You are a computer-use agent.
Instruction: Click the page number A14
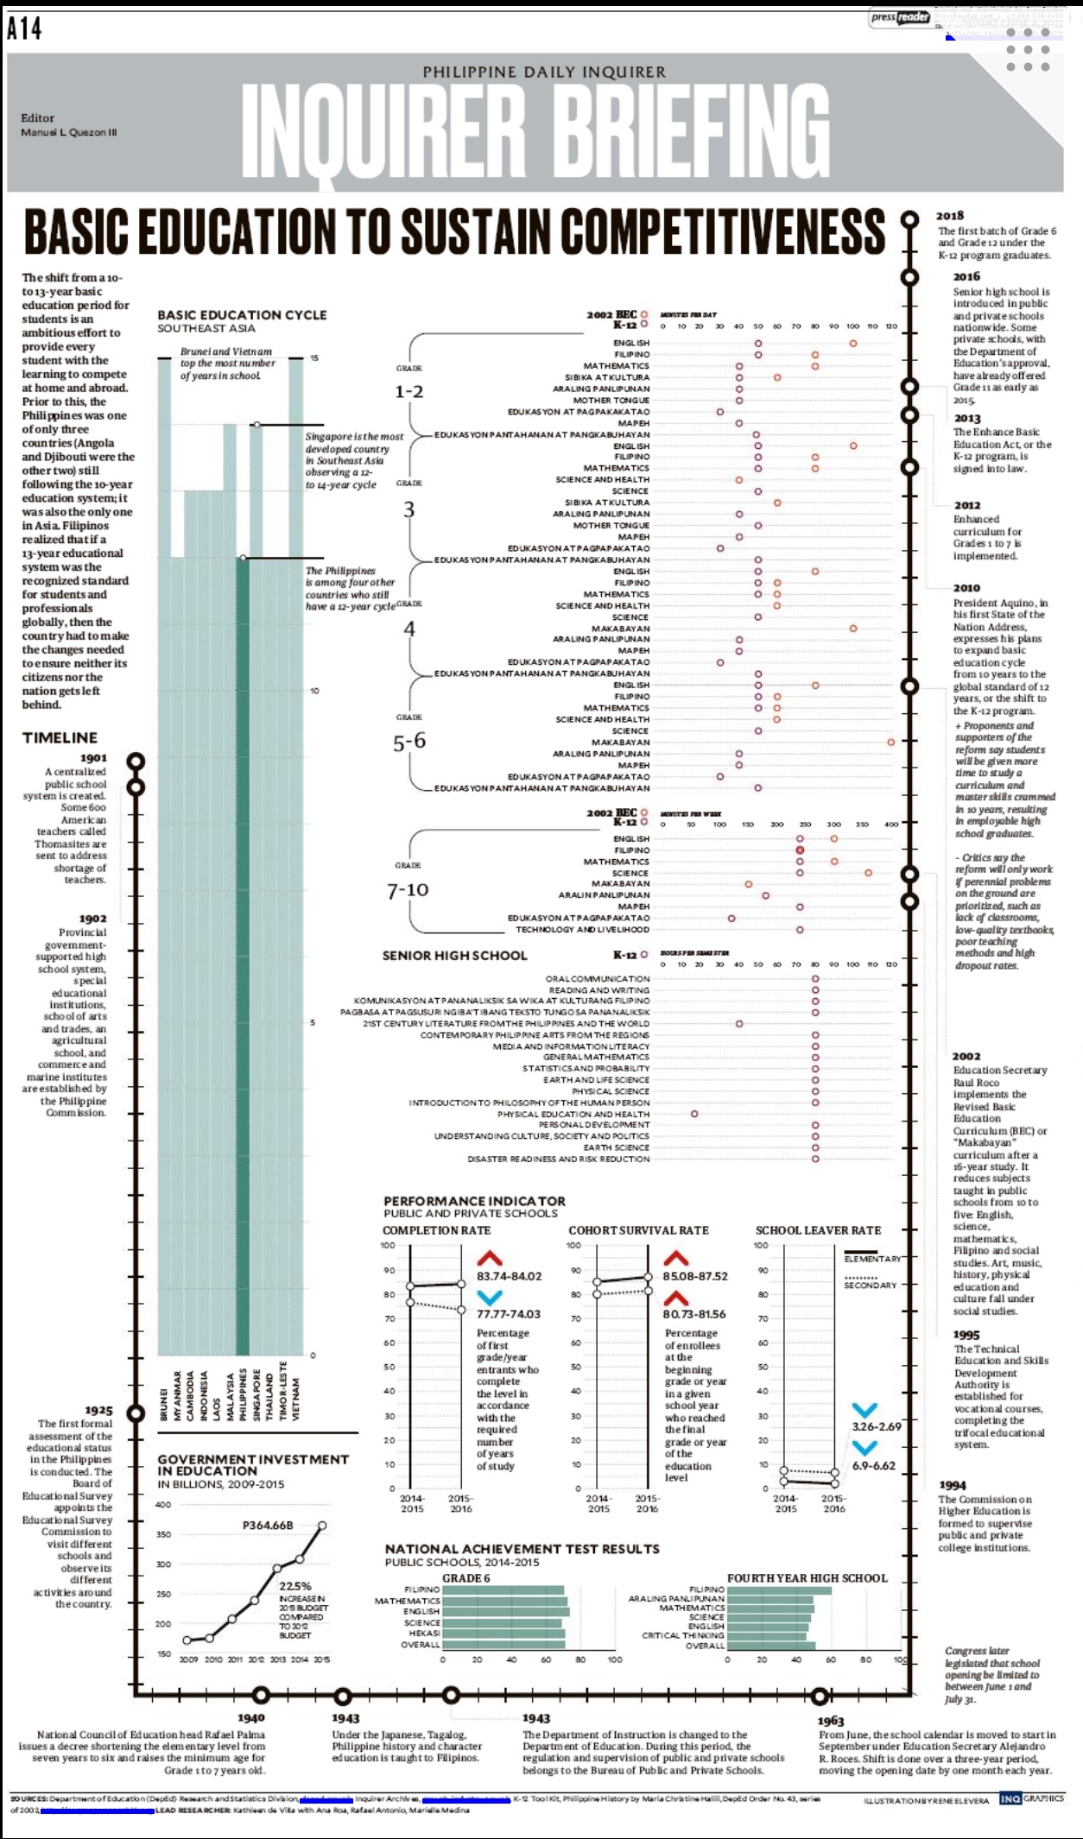pyautogui.click(x=24, y=28)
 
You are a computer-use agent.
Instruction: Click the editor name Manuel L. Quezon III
pyautogui.click(x=69, y=132)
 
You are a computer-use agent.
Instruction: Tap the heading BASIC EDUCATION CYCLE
pyautogui.click(x=242, y=315)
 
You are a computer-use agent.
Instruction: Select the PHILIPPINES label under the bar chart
pyautogui.click(x=244, y=1393)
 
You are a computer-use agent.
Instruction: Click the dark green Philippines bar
pyautogui.click(x=243, y=950)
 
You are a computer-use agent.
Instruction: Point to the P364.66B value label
pyautogui.click(x=268, y=1526)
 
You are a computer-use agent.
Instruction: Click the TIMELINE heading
pyautogui.click(x=60, y=737)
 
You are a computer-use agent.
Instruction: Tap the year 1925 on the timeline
pyautogui.click(x=98, y=1410)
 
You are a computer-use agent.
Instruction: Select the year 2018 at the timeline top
pyautogui.click(x=950, y=216)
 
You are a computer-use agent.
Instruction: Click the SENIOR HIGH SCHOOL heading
pyautogui.click(x=454, y=956)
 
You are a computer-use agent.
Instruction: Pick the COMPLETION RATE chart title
pyautogui.click(x=436, y=1230)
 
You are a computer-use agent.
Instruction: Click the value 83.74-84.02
pyautogui.click(x=510, y=1276)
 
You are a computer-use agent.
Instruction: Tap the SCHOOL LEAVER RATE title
pyautogui.click(x=818, y=1230)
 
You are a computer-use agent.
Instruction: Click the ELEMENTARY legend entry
pyautogui.click(x=872, y=1259)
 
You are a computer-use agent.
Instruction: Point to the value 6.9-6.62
pyautogui.click(x=874, y=1466)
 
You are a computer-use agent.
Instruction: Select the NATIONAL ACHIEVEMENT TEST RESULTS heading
pyautogui.click(x=522, y=1549)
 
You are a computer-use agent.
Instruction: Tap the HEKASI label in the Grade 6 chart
pyautogui.click(x=424, y=1634)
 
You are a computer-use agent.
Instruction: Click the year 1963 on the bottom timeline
pyautogui.click(x=831, y=1721)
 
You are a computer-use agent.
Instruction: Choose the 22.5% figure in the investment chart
pyautogui.click(x=295, y=1586)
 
